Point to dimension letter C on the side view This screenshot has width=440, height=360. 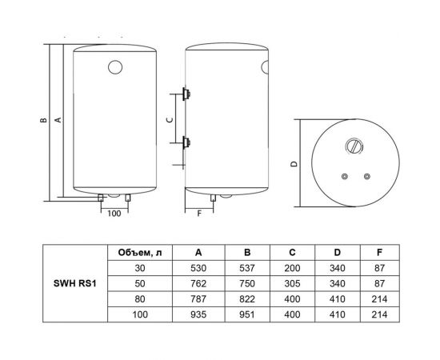tap(168, 118)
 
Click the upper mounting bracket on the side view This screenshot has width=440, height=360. tap(187, 93)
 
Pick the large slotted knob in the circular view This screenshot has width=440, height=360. tap(354, 146)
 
